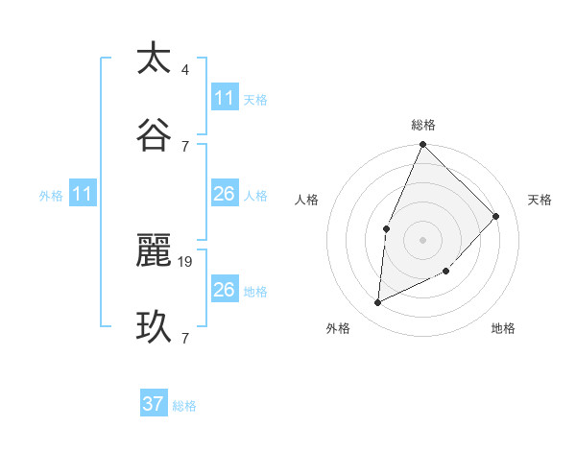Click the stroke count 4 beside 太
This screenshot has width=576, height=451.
point(185,70)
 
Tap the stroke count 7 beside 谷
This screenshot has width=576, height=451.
point(185,146)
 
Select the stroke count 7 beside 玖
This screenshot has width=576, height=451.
point(185,338)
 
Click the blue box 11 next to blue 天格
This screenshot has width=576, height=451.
point(224,98)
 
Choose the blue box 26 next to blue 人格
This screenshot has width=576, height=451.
point(224,195)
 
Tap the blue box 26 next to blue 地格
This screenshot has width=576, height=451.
point(224,290)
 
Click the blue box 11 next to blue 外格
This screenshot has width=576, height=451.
point(82,195)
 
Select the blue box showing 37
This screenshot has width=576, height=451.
point(153,404)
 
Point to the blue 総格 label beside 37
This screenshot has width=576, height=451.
point(184,406)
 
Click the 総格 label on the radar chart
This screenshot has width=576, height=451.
point(422,125)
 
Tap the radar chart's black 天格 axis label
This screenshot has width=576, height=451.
point(540,200)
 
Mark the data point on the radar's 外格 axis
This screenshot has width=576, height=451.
point(378,303)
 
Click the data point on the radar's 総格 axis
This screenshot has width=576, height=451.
point(422,145)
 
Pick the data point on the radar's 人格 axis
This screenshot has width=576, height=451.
point(386,228)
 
